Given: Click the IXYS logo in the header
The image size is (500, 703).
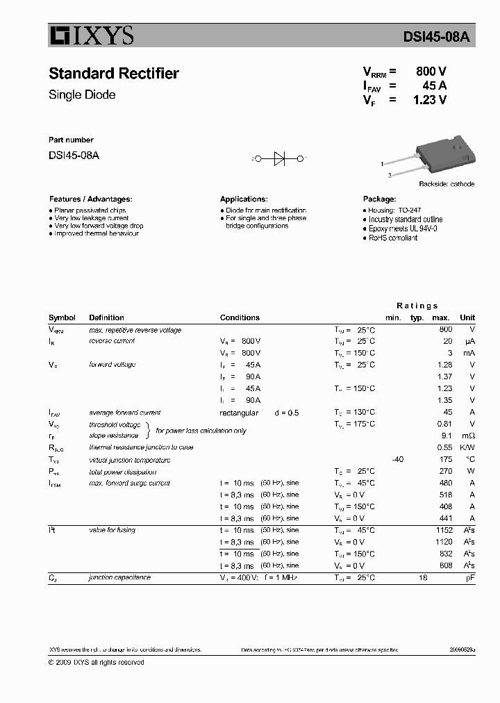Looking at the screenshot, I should coord(91,36).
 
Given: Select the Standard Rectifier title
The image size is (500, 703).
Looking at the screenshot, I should coord(114,74).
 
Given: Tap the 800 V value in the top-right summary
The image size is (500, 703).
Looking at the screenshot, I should coord(431,72).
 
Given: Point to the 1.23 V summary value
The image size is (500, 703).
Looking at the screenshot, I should coord(429,99).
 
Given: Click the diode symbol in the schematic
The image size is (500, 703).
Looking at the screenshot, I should coord(280,159).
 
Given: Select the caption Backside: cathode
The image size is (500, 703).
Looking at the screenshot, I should coord(447,184).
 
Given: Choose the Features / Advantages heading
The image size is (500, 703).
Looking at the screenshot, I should coord(90,199).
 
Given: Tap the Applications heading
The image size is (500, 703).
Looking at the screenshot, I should coord(244,199).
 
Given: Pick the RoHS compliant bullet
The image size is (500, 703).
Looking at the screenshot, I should coord(392,238).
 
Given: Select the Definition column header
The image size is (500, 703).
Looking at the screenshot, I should coord(106,317).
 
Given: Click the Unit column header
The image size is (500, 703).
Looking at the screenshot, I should coord(467,317).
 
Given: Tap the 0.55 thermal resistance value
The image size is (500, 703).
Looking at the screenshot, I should coord(445,447).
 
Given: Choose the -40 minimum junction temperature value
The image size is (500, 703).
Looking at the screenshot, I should coord(397,459).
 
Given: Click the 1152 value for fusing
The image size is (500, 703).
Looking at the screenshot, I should coord(443,530).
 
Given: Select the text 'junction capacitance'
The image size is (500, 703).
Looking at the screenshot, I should coord(119,577).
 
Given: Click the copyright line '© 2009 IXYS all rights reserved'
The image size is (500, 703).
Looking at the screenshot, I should coord(97,663).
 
